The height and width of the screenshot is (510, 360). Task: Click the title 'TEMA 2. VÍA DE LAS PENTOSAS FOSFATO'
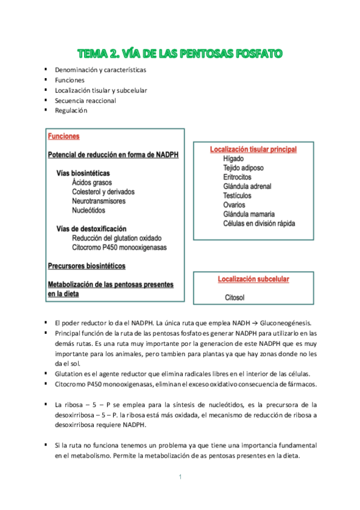click(x=180, y=54)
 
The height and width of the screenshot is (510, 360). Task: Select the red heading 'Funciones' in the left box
click(x=63, y=137)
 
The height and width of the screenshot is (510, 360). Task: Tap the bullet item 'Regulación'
click(x=71, y=111)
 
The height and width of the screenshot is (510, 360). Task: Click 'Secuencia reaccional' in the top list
click(x=85, y=100)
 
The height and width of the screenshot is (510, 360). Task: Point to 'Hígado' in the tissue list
click(x=233, y=159)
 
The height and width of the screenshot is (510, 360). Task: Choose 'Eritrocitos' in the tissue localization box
click(x=239, y=177)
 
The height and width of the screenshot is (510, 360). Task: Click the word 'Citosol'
click(x=234, y=298)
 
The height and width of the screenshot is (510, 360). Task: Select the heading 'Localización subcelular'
click(x=253, y=279)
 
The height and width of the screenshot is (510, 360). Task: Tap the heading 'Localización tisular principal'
click(x=253, y=149)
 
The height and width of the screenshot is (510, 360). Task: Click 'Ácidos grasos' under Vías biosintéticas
click(x=91, y=183)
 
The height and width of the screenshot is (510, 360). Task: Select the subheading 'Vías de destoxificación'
click(x=91, y=229)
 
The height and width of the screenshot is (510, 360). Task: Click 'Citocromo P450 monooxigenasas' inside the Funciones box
click(x=119, y=247)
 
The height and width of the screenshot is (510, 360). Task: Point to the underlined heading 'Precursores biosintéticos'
click(x=87, y=265)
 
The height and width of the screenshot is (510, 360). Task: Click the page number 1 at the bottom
click(x=180, y=477)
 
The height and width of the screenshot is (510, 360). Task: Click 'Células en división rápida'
click(x=259, y=224)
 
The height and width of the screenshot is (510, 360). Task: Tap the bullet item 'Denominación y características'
click(x=100, y=70)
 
